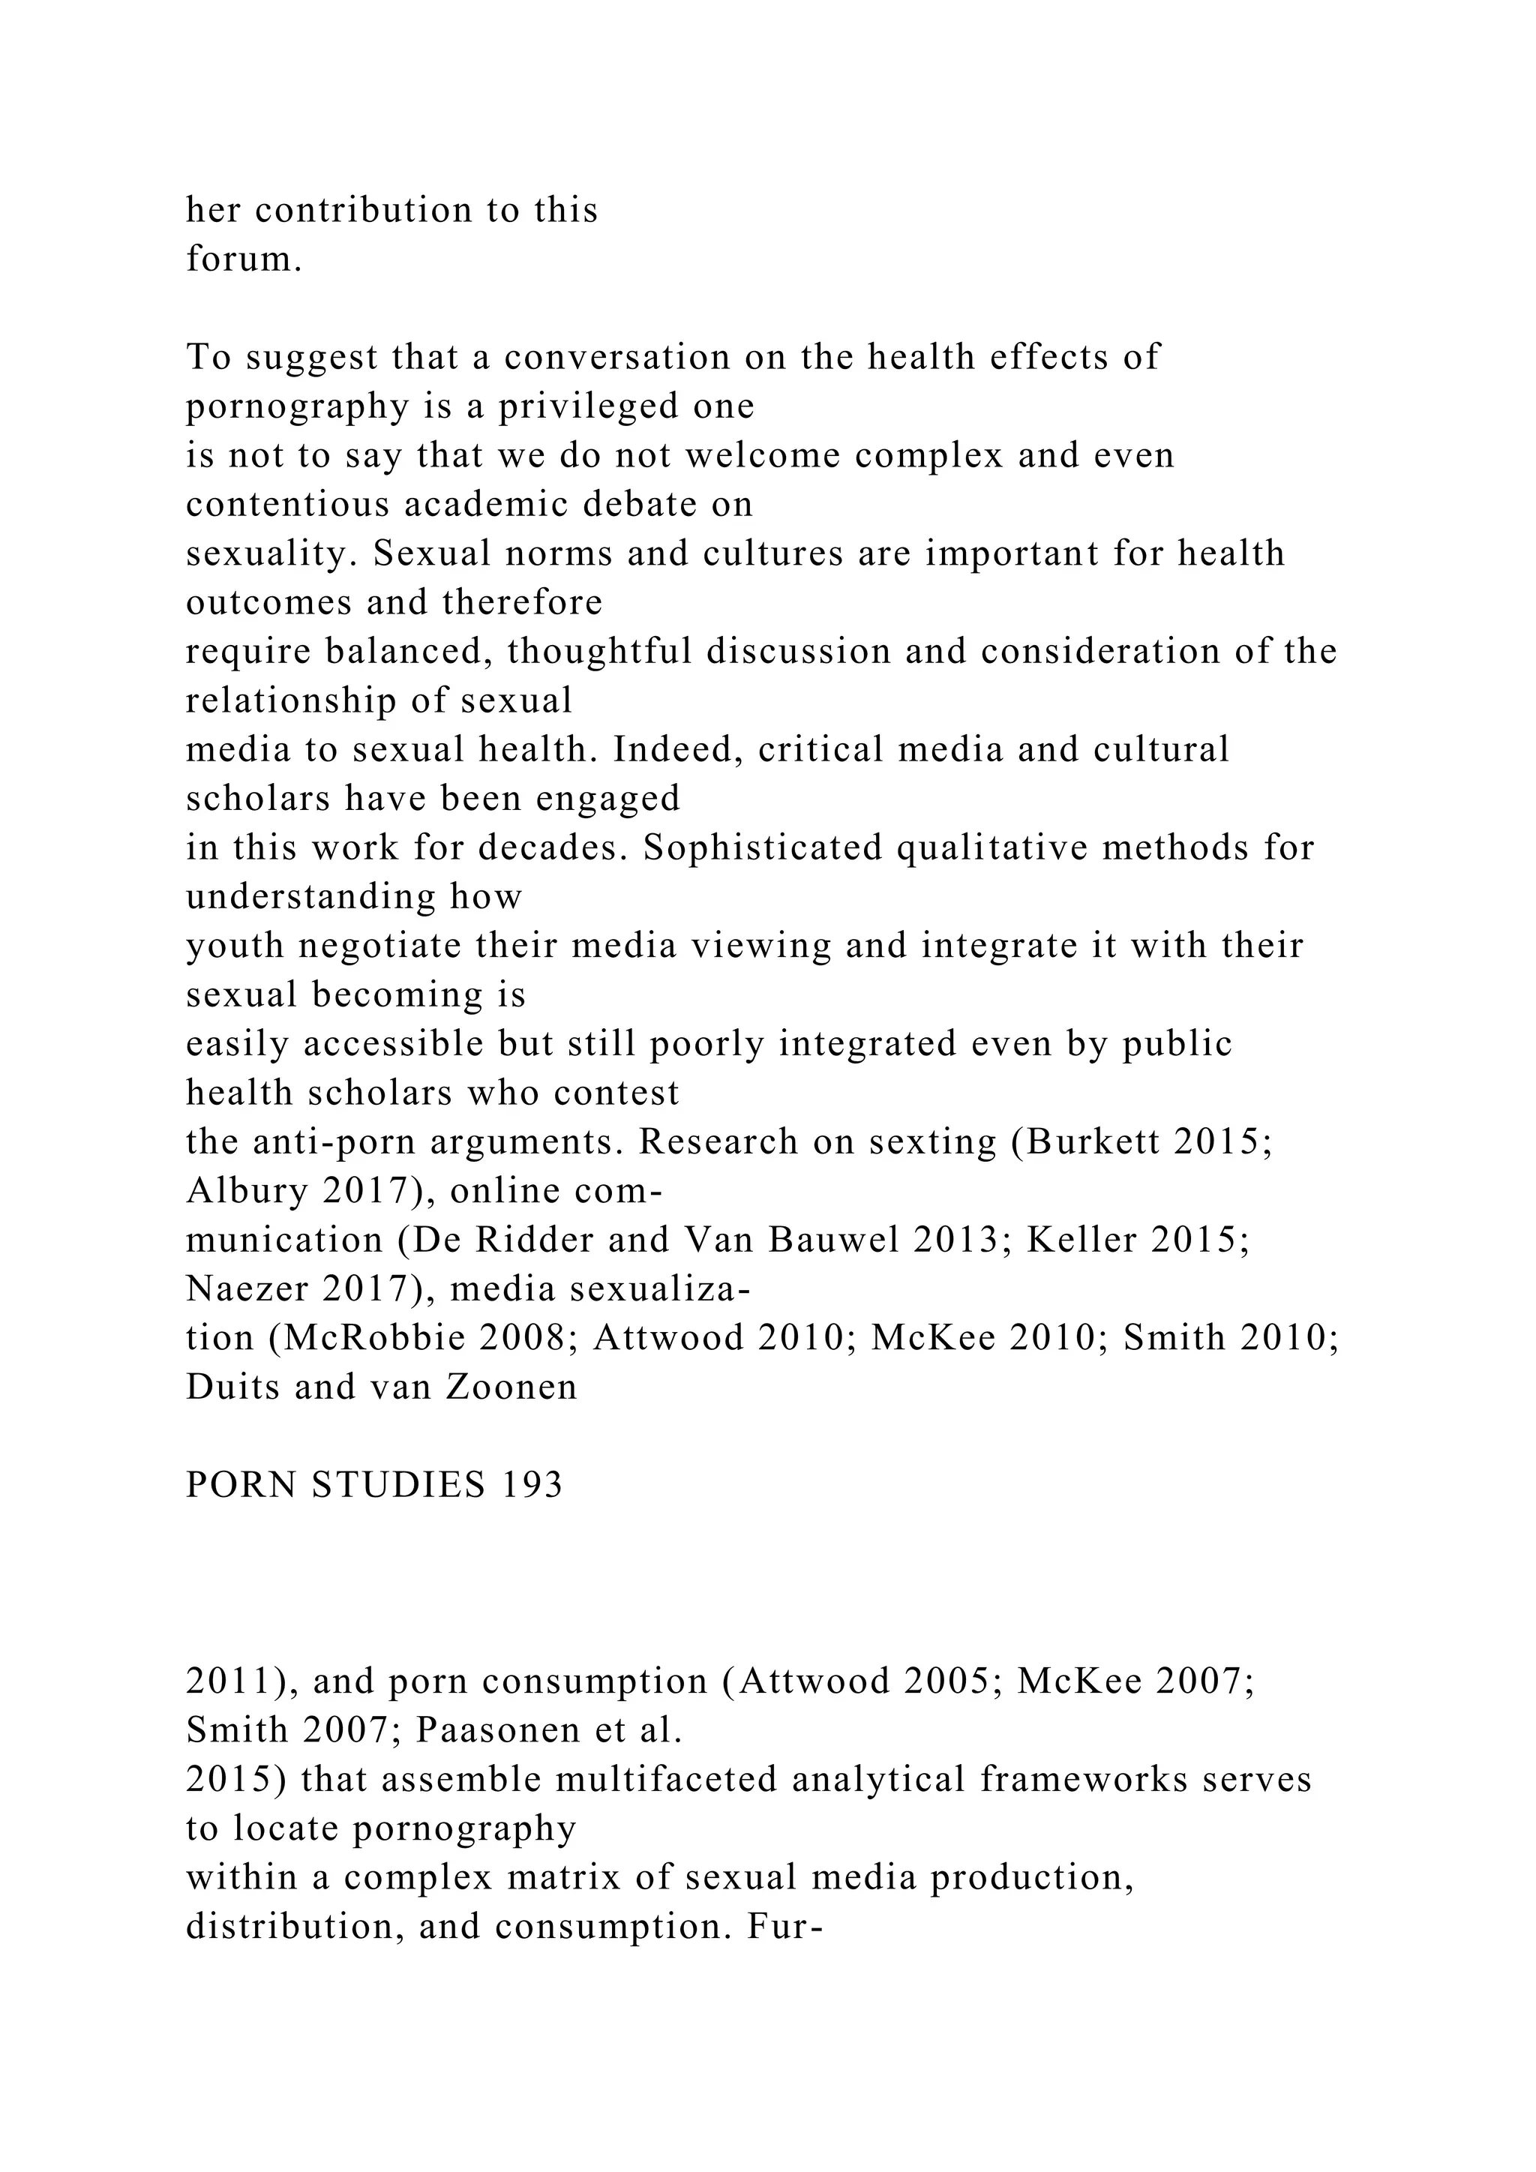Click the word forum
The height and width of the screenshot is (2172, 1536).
[x=243, y=258]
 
